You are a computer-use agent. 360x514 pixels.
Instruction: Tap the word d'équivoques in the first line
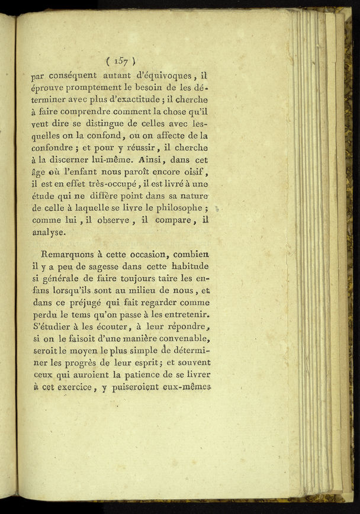coord(159,75)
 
